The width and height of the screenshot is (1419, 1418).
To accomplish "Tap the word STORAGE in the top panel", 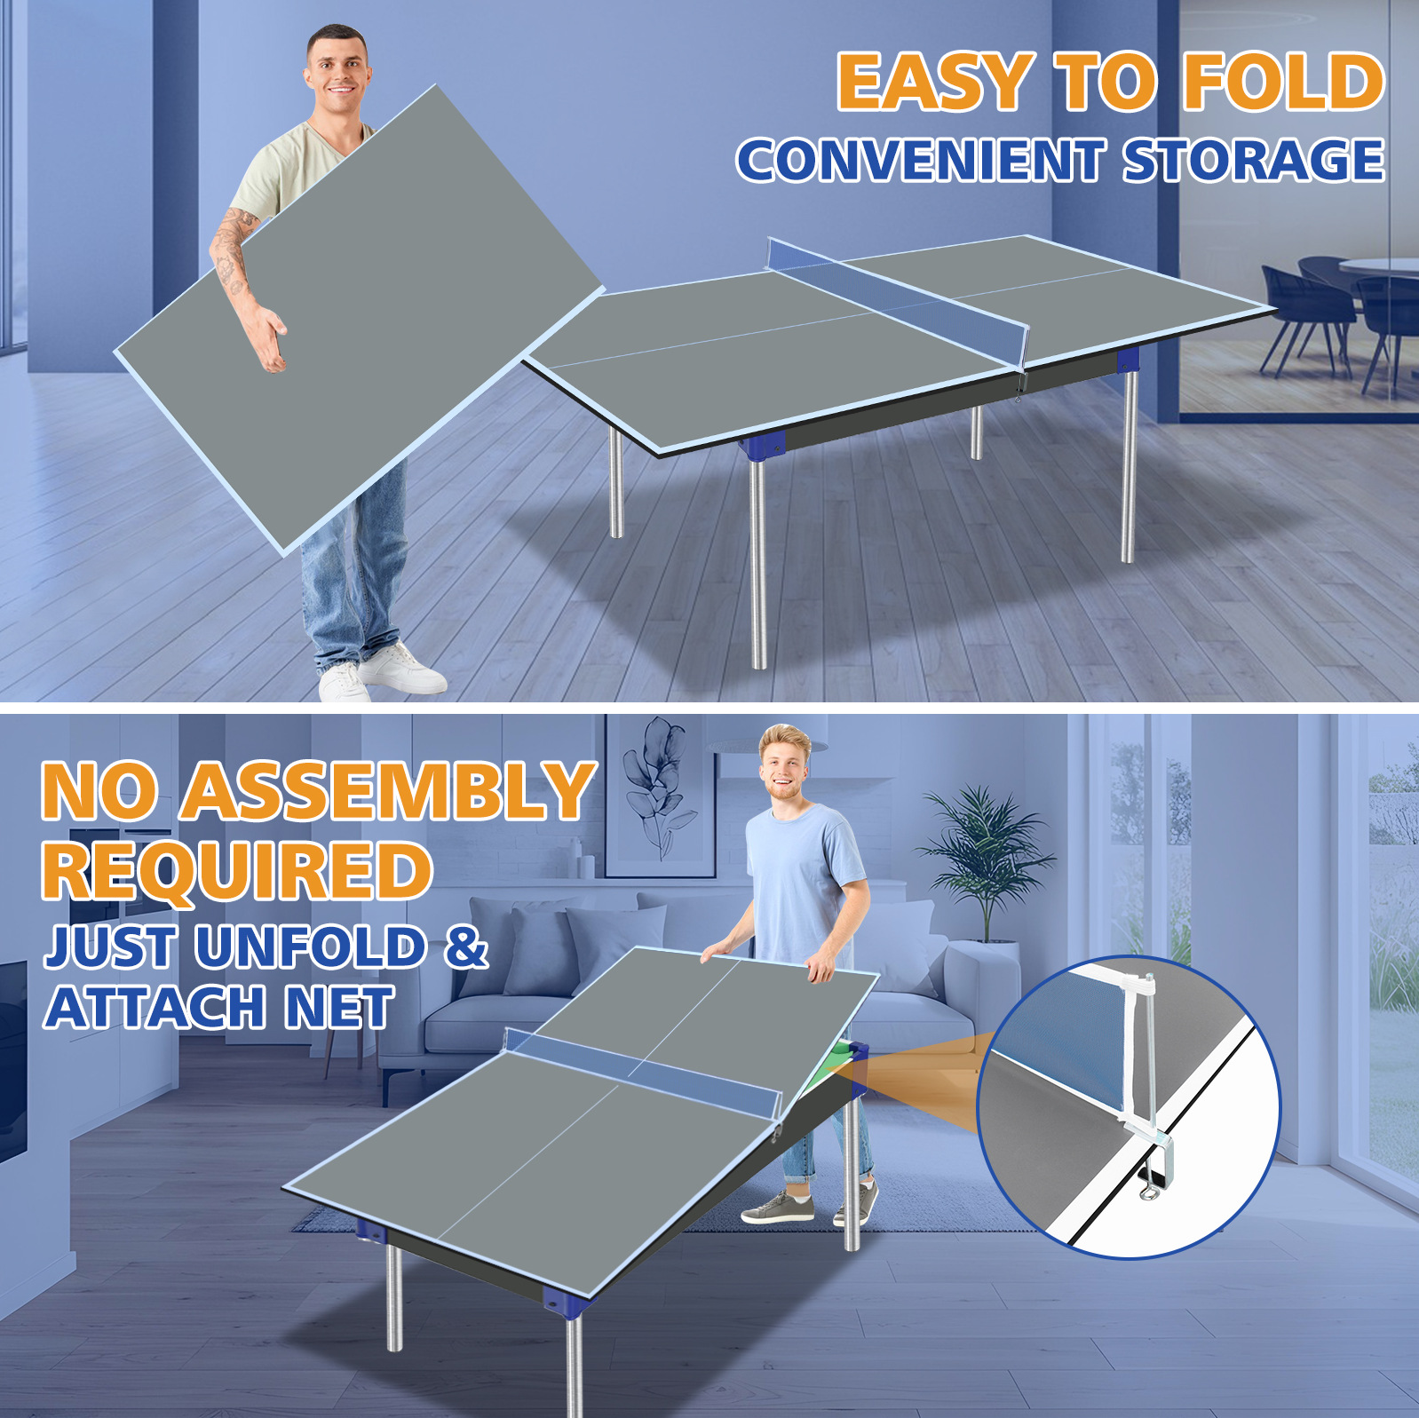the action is (x=1253, y=161).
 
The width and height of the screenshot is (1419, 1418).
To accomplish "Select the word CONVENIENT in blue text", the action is (x=920, y=161).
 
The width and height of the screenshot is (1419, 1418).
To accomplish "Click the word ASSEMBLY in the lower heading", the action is (x=389, y=791).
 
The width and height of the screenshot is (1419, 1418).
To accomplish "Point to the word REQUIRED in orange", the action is (x=237, y=870).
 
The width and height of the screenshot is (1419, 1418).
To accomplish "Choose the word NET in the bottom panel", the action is (x=340, y=1007).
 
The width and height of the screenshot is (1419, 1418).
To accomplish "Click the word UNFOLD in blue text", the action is (x=311, y=947).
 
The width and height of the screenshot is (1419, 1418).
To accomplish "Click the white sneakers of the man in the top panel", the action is (x=382, y=675).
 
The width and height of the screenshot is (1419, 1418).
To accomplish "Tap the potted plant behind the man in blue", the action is (x=986, y=852).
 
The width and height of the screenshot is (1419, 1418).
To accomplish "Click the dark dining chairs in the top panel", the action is (x=1332, y=311).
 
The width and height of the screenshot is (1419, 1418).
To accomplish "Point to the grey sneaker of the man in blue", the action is (x=776, y=1208).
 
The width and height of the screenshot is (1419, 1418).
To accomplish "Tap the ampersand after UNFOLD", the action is (x=466, y=947).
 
